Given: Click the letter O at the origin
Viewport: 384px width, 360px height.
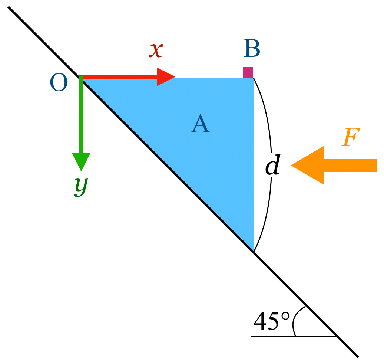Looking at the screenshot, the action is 59,82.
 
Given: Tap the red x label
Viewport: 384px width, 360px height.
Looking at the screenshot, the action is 156,50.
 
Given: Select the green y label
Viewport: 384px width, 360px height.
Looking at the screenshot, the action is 81,186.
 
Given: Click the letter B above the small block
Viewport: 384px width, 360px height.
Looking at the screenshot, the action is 252,48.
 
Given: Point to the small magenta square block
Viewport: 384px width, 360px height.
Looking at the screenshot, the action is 248,73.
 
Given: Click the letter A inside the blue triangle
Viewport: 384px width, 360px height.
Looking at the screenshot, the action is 200,123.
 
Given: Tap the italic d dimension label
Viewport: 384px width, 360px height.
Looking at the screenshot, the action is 273,164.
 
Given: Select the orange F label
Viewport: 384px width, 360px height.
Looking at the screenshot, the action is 350,137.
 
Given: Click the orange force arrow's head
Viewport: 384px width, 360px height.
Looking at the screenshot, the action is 308,165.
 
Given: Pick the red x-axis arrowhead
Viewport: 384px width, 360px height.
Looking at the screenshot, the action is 166,77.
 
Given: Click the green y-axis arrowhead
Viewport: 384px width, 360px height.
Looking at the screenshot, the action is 81,162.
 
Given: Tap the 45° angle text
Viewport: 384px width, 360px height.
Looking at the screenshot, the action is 272,321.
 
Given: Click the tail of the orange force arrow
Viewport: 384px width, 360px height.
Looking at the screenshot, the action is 376,165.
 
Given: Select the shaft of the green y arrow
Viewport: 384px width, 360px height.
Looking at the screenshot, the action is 81,114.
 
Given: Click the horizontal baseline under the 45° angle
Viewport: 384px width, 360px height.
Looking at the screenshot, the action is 293,336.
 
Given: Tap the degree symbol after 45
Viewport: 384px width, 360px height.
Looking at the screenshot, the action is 285,316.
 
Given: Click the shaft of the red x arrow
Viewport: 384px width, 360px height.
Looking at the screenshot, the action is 118,77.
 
